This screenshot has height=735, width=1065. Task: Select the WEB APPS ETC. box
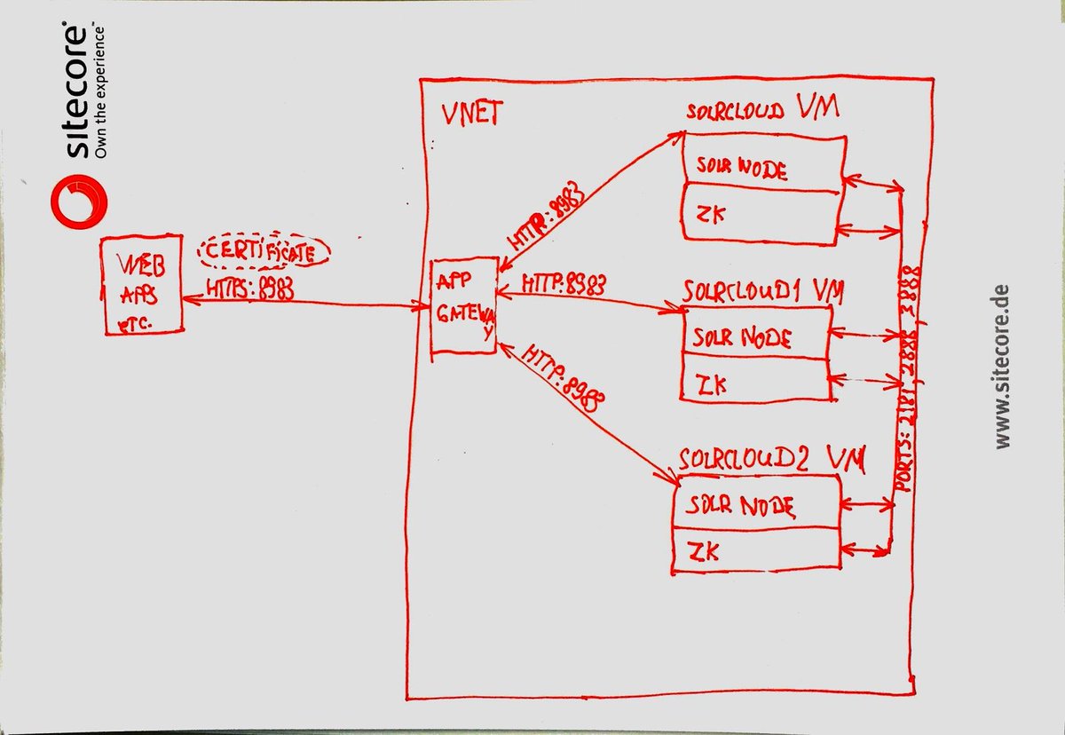pos(142,285)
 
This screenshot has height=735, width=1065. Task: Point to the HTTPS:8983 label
pos(251,288)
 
